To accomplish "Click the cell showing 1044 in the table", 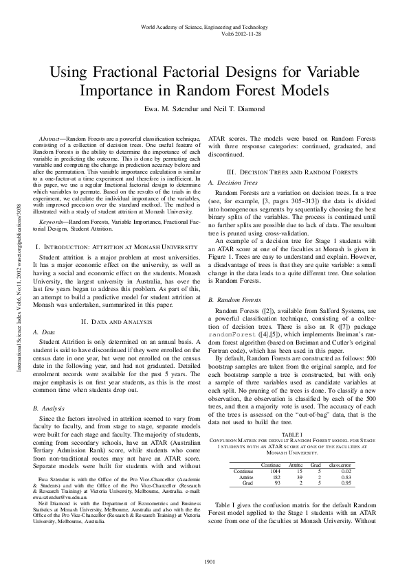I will tap(256, 472).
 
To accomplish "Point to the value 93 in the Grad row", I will tap(259, 484).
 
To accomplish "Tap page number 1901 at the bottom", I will tap(204, 564).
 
